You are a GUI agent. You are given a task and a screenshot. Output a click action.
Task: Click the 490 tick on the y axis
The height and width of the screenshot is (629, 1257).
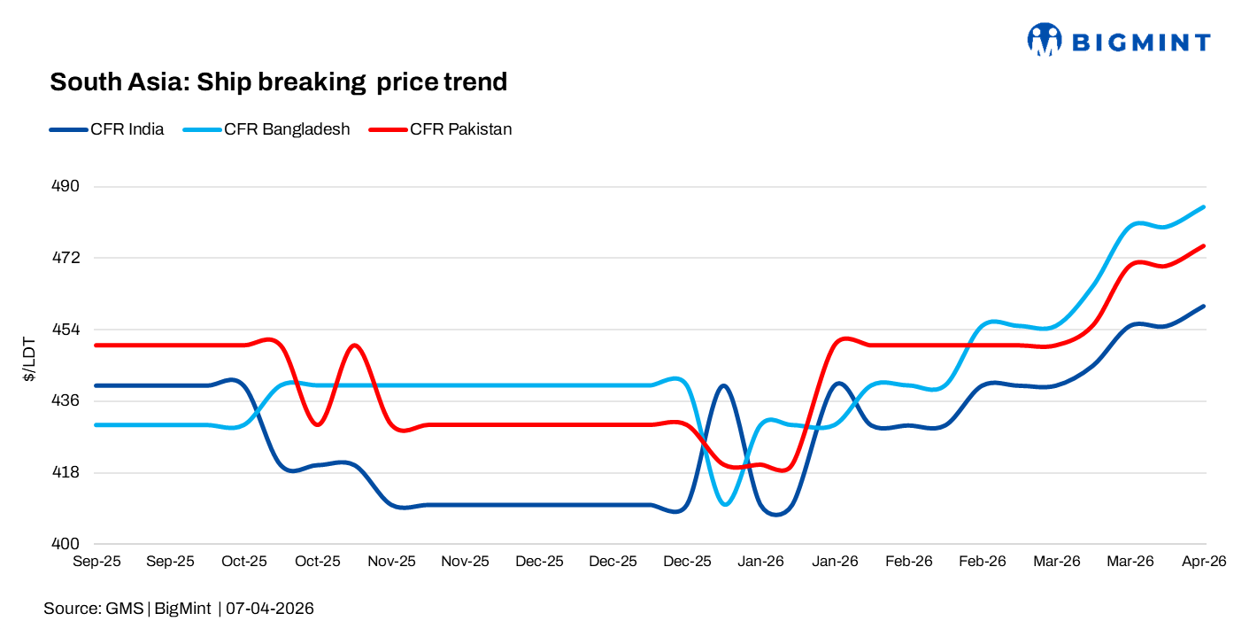pyautogui.click(x=67, y=187)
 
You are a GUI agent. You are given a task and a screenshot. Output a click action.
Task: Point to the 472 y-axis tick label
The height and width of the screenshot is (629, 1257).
pyautogui.click(x=67, y=258)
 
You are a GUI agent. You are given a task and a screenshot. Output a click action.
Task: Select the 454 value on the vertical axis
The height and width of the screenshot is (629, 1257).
pyautogui.click(x=67, y=330)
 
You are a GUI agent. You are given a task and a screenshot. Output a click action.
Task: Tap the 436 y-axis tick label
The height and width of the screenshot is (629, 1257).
pyautogui.click(x=67, y=400)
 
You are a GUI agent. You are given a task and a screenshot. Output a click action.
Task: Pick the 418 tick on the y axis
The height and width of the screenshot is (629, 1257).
pyautogui.click(x=67, y=472)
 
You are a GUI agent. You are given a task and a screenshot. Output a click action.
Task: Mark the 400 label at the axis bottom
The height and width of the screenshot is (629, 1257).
pyautogui.click(x=67, y=543)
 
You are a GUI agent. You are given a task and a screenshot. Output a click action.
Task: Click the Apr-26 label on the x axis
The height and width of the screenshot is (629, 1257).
pyautogui.click(x=1205, y=562)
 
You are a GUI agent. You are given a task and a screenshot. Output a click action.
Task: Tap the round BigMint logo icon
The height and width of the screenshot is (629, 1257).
pyautogui.click(x=1045, y=41)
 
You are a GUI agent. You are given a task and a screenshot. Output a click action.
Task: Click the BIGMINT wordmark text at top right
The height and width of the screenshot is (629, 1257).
pyautogui.click(x=1141, y=42)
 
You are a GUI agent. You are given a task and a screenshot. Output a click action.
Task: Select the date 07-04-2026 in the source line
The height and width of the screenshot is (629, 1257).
pyautogui.click(x=270, y=609)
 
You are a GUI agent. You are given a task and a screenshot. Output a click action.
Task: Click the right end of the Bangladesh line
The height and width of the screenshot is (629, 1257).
pyautogui.click(x=1204, y=207)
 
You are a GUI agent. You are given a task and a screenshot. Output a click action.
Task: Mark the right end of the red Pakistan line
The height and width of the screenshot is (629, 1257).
pyautogui.click(x=1204, y=246)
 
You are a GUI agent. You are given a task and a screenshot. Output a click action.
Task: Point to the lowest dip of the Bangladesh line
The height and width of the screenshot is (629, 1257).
pyautogui.click(x=726, y=504)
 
